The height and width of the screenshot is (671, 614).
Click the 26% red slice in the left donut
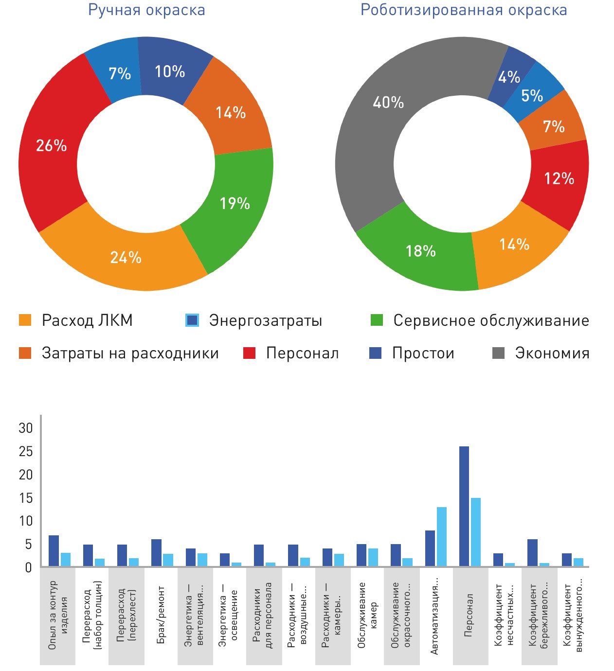point(51,146)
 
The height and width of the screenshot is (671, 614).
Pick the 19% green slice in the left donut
point(235,203)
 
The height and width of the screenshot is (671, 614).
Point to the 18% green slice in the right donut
point(420,251)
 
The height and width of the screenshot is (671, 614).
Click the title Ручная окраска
point(146,10)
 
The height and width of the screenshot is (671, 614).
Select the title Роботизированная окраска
point(464,10)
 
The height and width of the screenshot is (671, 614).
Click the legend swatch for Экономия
point(499,353)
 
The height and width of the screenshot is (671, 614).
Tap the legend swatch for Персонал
point(249,353)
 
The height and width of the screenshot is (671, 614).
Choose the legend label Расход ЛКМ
point(87,320)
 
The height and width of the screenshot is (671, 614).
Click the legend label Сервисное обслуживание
point(491,320)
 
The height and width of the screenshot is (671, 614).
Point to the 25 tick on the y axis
point(26,451)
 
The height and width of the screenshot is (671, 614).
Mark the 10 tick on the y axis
point(26,521)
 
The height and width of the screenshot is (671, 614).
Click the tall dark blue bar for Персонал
point(464,506)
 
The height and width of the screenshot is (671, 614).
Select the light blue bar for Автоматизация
point(442,537)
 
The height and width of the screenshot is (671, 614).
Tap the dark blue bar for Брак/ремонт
point(156,553)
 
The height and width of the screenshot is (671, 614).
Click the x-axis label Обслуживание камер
point(367,615)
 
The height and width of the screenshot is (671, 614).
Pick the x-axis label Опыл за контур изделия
point(58,615)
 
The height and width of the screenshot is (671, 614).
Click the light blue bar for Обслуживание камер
point(373,557)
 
